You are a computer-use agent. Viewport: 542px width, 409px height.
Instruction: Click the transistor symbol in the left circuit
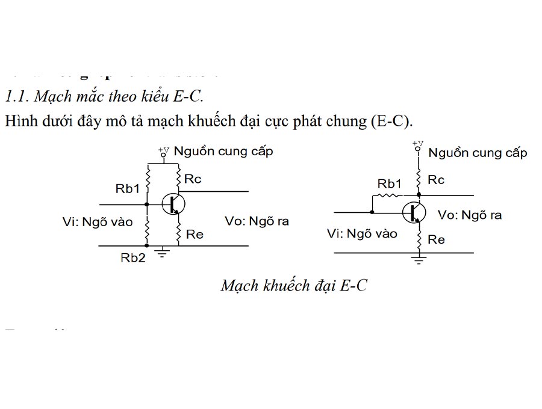174,204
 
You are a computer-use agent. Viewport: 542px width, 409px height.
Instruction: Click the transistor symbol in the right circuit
415,212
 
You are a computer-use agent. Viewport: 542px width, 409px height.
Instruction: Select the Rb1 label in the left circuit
127,188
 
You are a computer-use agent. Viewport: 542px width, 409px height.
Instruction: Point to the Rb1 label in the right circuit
389,184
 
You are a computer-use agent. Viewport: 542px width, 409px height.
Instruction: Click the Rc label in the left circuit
193,179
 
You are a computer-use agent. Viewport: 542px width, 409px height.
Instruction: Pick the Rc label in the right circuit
436,180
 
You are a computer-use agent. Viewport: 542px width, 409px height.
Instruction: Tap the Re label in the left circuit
195,235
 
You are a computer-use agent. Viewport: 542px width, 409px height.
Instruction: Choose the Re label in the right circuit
436,239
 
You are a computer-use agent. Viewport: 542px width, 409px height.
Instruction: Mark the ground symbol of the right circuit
419,260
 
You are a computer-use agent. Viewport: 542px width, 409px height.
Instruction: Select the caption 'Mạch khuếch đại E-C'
293,285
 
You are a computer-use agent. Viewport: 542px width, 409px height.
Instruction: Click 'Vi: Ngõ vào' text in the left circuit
97,221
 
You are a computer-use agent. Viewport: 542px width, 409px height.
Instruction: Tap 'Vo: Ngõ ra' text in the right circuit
470,215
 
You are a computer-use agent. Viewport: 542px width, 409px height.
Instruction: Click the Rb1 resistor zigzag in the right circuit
389,195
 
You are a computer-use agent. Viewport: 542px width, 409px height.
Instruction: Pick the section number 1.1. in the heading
17,96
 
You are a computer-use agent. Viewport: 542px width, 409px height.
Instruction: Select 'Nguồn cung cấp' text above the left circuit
223,151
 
